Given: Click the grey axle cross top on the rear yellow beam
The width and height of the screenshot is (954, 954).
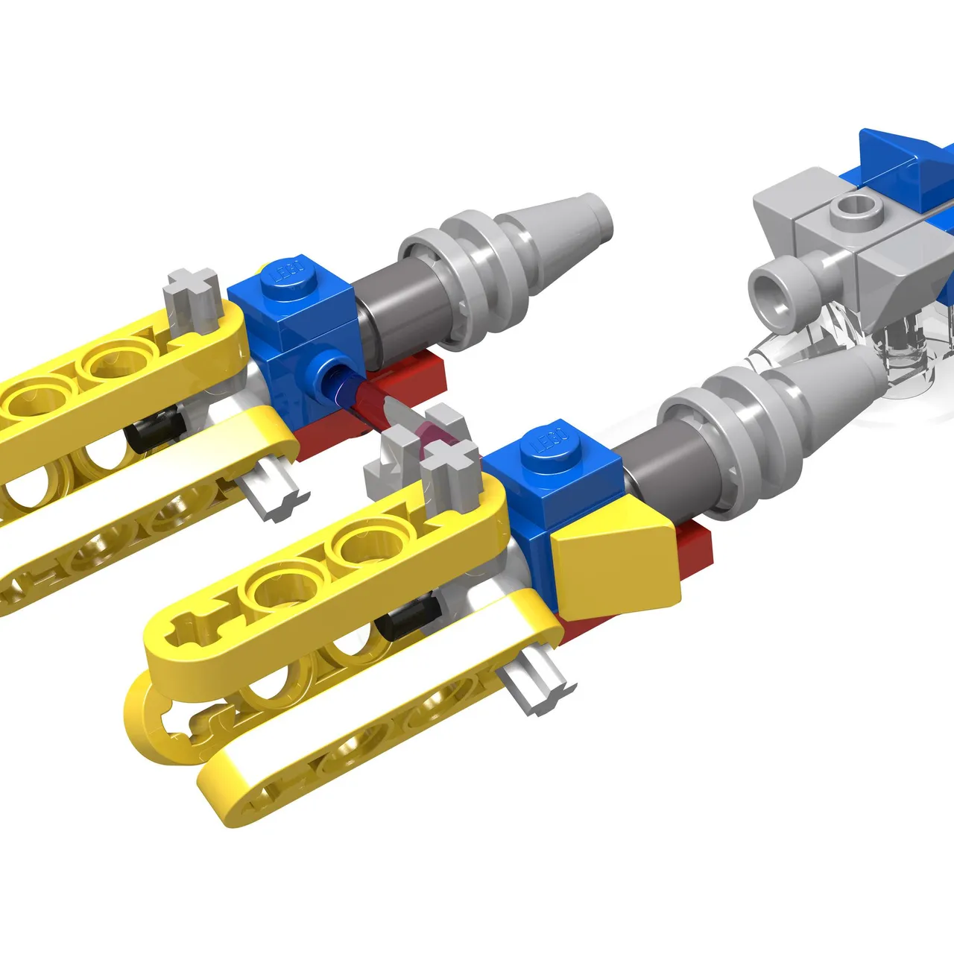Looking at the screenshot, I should (192, 293).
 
